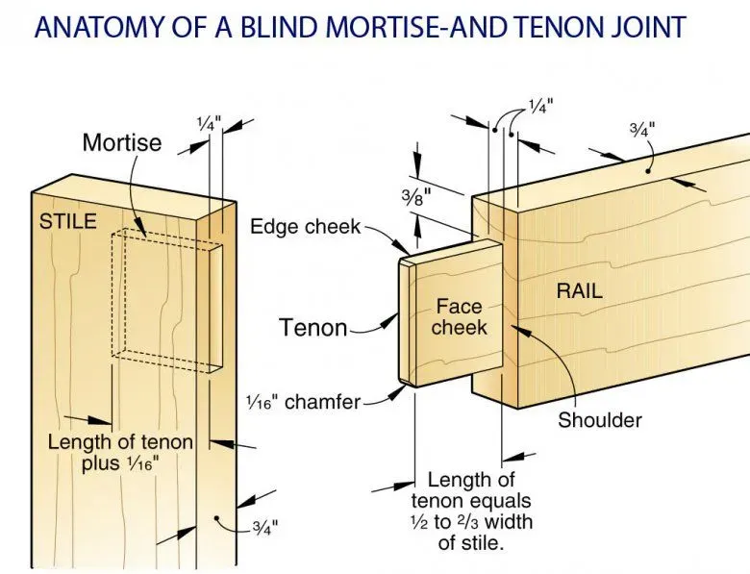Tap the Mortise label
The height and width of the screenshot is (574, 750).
click(122, 143)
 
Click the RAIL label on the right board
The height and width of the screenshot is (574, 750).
click(580, 289)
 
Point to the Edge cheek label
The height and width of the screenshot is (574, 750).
click(305, 227)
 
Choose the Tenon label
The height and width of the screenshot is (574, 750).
click(312, 328)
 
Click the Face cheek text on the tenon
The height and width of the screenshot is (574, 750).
click(460, 317)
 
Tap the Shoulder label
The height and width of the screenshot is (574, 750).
click(599, 420)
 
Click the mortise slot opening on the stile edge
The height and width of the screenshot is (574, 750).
click(216, 307)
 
